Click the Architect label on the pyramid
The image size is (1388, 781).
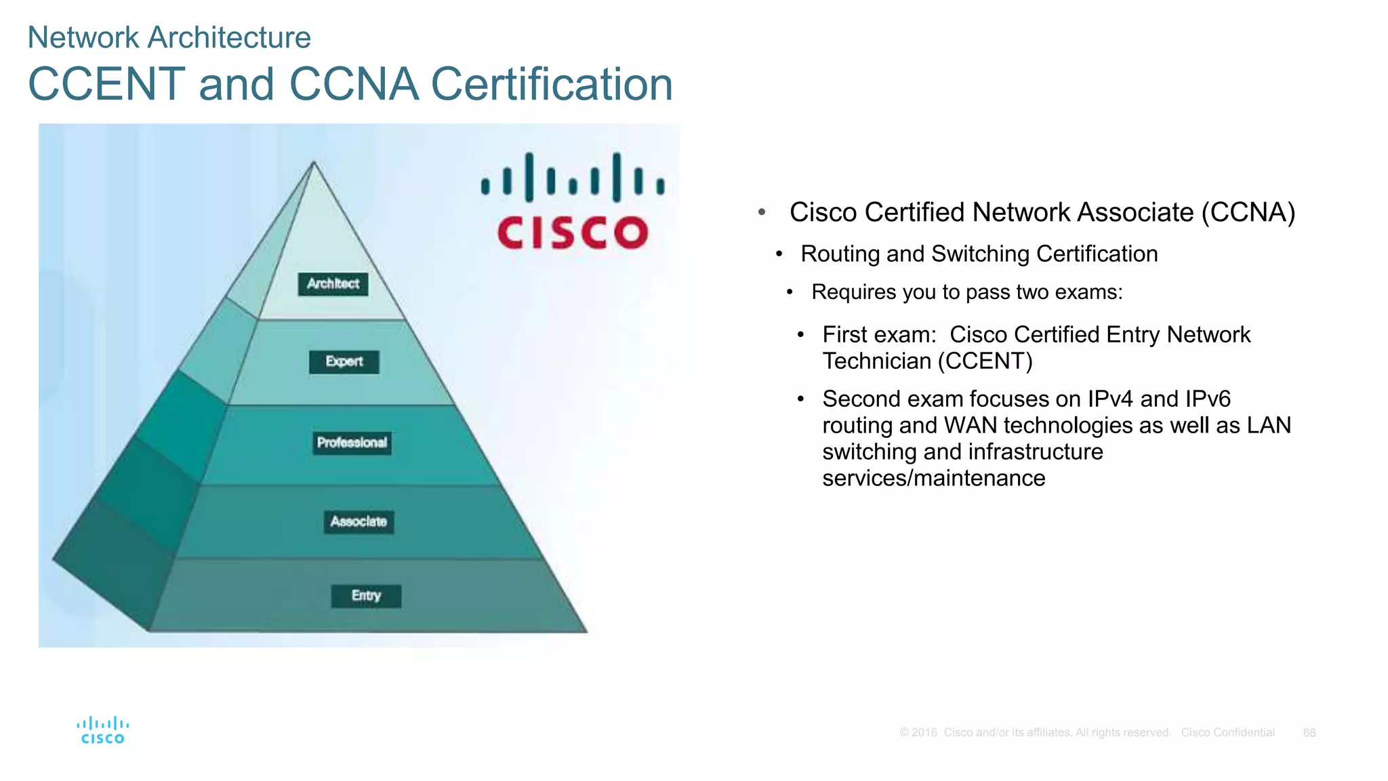pos(333,284)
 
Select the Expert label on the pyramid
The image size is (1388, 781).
pos(344,362)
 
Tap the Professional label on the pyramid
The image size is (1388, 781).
pos(352,443)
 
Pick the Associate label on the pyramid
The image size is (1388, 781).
pos(359,522)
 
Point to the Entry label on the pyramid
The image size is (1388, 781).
pos(366,596)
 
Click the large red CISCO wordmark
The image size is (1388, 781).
pos(573,233)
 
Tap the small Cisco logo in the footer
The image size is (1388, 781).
pos(103,731)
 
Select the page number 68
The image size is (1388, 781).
pos(1309,733)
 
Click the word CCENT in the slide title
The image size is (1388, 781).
pos(106,84)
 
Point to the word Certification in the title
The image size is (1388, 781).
pos(552,84)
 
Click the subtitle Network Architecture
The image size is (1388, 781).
pos(169,37)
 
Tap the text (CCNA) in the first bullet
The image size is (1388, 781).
pos(1248,212)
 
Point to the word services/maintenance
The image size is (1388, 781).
pos(933,478)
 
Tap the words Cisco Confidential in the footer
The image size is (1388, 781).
pos(1227,733)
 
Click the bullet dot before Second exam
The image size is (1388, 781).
pos(800,399)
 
